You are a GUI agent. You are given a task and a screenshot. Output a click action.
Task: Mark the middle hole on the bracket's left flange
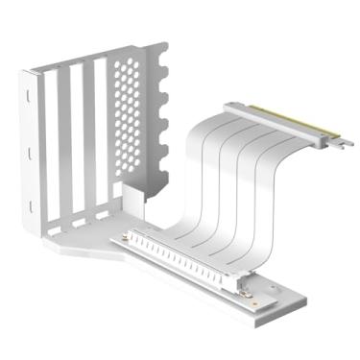(x=31, y=153)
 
